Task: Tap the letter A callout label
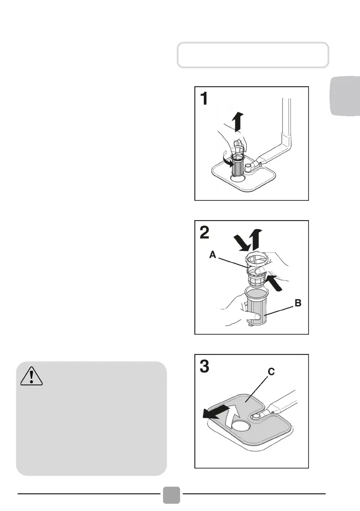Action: coord(212,255)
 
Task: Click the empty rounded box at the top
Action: coord(253,55)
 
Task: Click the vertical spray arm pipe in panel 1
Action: coord(286,124)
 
